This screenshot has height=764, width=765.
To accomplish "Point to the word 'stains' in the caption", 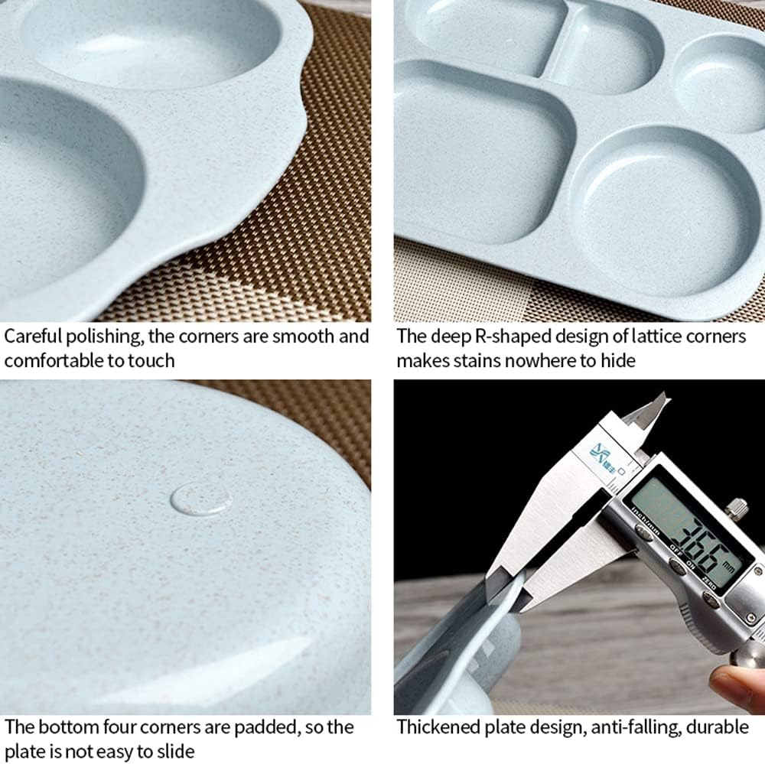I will click(x=488, y=360).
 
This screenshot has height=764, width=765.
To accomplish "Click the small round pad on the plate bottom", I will click(x=201, y=499).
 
